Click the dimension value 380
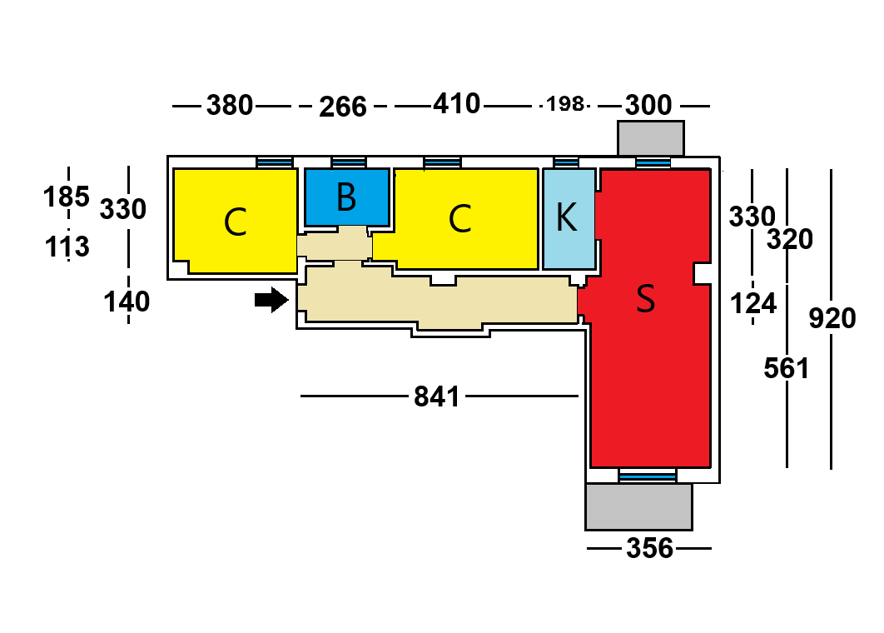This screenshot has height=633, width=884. (x=229, y=106)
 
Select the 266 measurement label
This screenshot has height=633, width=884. (x=343, y=107)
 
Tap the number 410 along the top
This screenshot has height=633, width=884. (x=456, y=104)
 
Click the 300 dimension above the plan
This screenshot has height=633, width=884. (x=648, y=106)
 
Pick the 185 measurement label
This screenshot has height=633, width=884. (x=67, y=197)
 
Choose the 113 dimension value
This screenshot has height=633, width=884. (x=67, y=247)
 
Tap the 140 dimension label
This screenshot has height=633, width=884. (x=127, y=302)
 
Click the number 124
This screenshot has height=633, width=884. (x=752, y=303)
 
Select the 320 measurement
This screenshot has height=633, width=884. (x=789, y=240)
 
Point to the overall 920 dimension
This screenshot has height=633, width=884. (x=832, y=318)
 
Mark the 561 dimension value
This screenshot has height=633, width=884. (x=787, y=367)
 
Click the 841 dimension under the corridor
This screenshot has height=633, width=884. (x=437, y=397)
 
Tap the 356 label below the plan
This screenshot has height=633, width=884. (x=649, y=549)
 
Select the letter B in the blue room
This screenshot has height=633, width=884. (x=346, y=197)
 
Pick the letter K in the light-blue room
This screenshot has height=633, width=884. (x=566, y=217)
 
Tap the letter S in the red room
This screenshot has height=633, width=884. (x=645, y=298)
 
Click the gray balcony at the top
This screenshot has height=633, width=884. (x=650, y=137)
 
